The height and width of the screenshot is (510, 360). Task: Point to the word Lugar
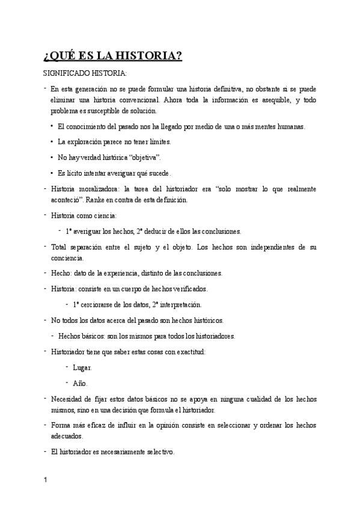tap(82, 367)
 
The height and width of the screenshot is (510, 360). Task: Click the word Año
tap(79, 383)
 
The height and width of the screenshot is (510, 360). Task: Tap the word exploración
tap(87, 142)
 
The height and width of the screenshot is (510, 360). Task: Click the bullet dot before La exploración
tap(52, 142)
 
